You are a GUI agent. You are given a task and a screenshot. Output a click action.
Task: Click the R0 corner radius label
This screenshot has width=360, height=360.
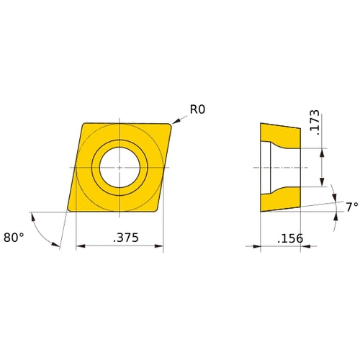[198, 109]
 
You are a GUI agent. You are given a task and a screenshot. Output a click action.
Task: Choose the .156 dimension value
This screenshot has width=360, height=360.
[289, 238]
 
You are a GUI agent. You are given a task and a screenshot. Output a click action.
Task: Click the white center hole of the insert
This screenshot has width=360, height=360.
[120, 167]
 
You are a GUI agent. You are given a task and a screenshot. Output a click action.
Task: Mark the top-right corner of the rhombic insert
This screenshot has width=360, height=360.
[171, 125]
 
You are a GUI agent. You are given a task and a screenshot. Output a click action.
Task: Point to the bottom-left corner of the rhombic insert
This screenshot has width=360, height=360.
[68, 210]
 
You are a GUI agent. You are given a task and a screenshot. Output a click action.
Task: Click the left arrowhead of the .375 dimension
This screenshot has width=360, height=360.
[79, 246]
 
